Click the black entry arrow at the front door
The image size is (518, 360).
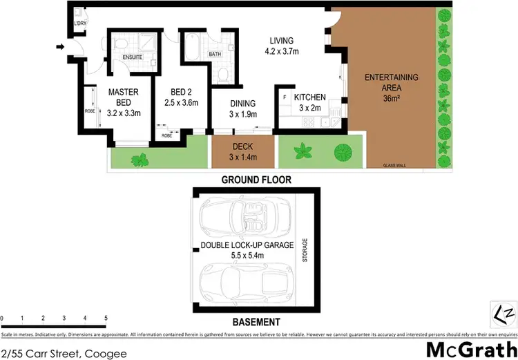[x=61, y=47]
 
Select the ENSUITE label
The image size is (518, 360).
[x=133, y=57]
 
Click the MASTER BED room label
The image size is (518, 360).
[x=124, y=97]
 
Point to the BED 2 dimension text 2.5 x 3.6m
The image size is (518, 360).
[x=181, y=103]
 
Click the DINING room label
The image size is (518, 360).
[x=243, y=104]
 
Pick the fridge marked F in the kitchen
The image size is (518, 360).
[x=285, y=97]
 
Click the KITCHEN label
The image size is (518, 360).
[x=309, y=97]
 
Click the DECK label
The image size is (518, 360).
[x=242, y=146]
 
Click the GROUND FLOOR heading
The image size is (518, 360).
[x=256, y=180]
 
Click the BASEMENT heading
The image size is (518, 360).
[x=256, y=322]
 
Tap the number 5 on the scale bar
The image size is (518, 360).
[x=106, y=319]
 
